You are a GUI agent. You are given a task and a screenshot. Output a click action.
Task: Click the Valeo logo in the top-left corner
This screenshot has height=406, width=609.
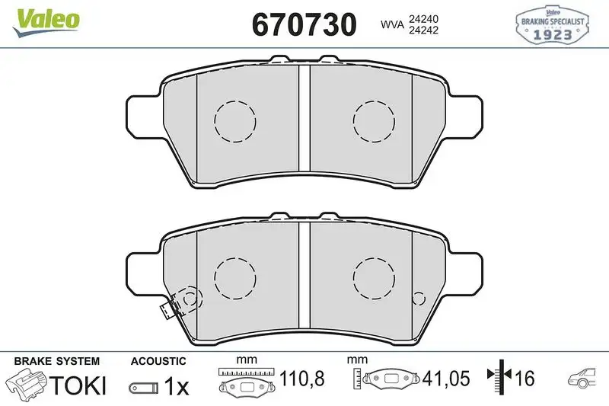(x=45, y=18)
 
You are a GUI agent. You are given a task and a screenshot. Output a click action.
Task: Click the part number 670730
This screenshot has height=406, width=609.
(x=304, y=24)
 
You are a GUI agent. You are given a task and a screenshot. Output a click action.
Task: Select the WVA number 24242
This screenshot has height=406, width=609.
(x=424, y=30)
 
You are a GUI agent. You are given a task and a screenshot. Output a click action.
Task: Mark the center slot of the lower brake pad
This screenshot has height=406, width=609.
(x=304, y=283)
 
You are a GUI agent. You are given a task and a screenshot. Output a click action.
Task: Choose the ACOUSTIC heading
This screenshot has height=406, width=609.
(x=158, y=360)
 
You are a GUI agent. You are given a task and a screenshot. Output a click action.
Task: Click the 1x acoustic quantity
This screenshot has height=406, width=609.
(x=176, y=386)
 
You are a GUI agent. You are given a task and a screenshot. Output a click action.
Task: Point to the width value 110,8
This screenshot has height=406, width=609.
(x=303, y=377)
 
